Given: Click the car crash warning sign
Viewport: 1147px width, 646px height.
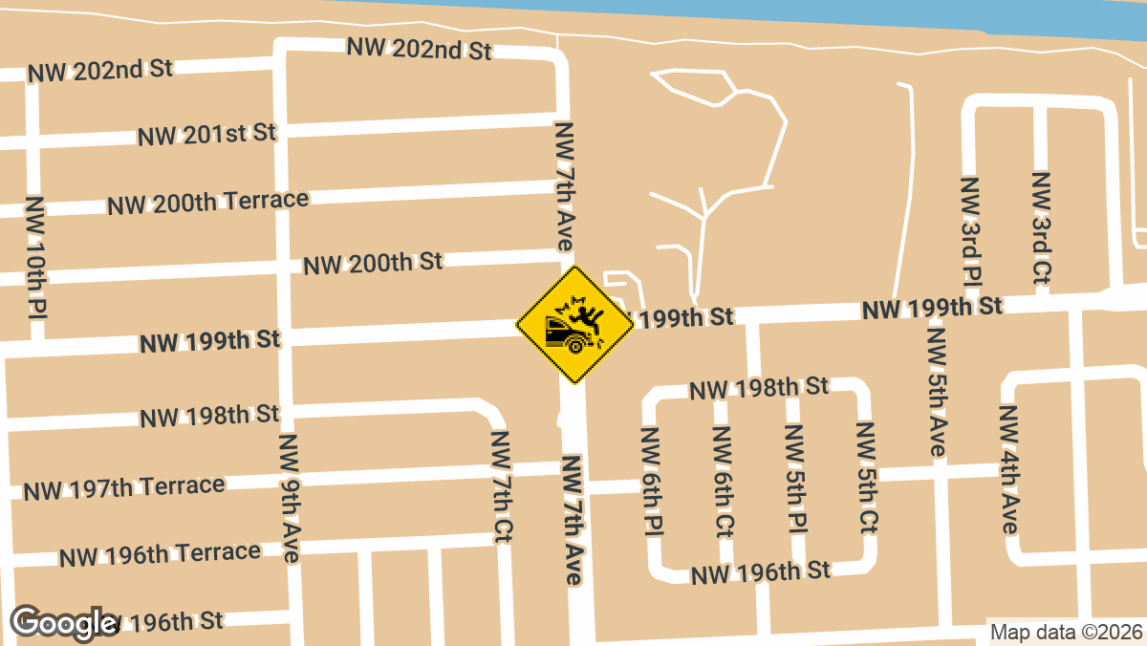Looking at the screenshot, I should tap(575, 325).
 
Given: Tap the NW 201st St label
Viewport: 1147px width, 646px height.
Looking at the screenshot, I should tap(206, 134).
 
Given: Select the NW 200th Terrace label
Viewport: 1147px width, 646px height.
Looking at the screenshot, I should tap(207, 203).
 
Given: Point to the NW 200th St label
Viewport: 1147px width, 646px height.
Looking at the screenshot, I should tap(373, 263).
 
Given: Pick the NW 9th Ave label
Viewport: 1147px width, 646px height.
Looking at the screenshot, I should tap(290, 498).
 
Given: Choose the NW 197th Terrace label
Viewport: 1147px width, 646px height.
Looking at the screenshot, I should tap(124, 488).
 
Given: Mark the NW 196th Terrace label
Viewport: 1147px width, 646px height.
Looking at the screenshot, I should tap(160, 554).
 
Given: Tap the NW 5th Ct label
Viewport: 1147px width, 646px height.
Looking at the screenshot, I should tap(867, 478).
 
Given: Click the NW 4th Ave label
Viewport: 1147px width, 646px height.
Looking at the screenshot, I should tap(1008, 470).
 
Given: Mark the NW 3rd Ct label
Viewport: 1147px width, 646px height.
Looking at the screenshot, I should tap(1042, 227).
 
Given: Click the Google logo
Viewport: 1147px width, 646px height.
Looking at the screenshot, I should tap(63, 623).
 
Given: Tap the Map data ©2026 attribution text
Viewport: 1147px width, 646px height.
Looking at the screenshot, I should tap(1066, 632).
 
